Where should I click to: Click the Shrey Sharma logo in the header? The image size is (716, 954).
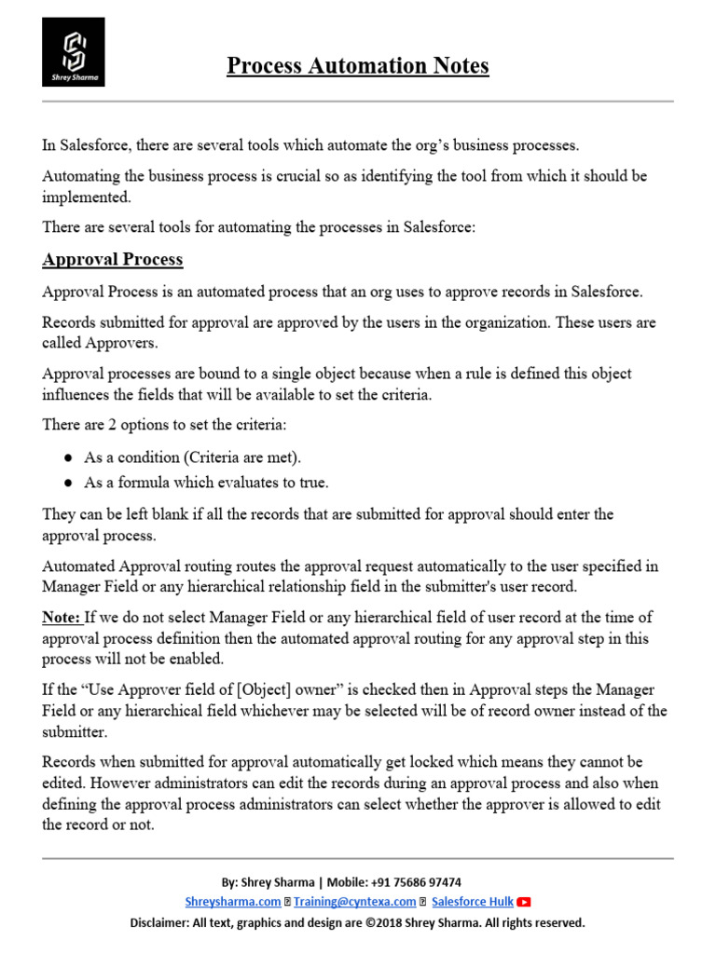coord(74,51)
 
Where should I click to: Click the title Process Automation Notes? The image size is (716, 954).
coord(358,66)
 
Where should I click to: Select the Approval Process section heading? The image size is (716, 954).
coord(112,259)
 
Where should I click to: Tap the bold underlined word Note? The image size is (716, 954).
coord(62,618)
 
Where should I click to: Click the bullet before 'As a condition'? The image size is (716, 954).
coord(68,458)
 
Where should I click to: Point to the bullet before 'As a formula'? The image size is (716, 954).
coord(68,483)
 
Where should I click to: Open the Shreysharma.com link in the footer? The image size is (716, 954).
coord(232,902)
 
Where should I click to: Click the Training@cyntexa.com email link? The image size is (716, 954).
coord(354,902)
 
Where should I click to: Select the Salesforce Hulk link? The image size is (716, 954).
coord(472,902)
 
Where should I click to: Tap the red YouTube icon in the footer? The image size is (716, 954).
coord(524,902)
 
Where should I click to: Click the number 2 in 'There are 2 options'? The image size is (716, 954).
coord(122,424)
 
